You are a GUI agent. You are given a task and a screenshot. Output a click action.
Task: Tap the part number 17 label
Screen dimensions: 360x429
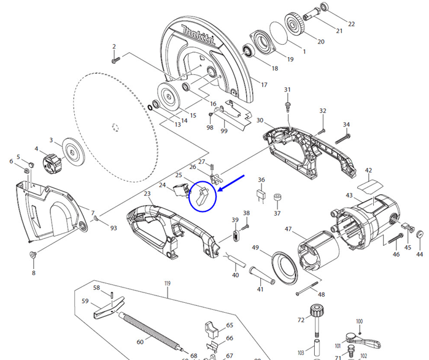[264, 84]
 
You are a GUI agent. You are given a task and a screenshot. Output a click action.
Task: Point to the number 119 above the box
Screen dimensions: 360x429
[166, 283]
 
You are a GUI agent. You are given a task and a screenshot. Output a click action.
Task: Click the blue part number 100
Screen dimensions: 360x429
[360, 321]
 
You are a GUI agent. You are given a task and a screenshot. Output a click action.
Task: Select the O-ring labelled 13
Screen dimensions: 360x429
[151, 108]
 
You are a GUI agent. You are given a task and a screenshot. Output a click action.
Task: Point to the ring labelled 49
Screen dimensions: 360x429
[285, 265]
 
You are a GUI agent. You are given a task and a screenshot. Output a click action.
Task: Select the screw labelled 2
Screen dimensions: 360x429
[115, 60]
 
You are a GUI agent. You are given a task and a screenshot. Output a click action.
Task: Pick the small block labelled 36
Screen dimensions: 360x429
[260, 195]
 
